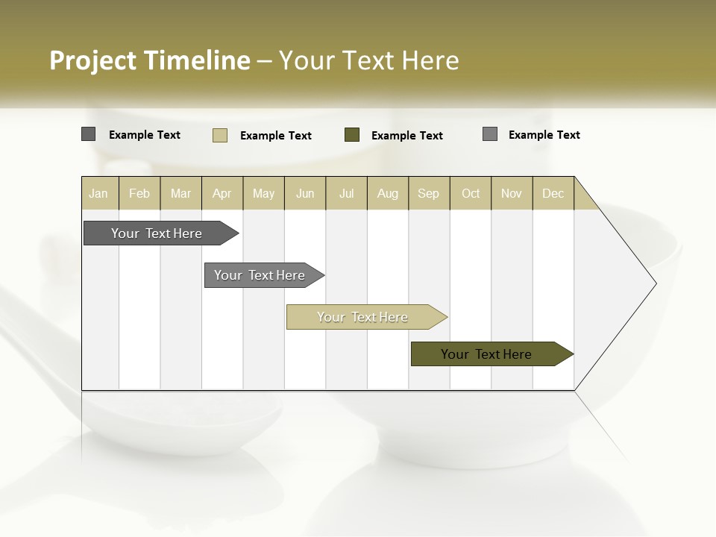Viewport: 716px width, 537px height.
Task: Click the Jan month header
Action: [98, 193]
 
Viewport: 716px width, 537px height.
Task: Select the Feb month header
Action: [139, 193]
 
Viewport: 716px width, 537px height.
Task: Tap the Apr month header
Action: [222, 193]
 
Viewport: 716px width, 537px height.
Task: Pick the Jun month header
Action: [305, 193]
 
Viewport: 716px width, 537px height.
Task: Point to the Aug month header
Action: [388, 193]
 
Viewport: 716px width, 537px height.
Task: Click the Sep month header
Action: [429, 193]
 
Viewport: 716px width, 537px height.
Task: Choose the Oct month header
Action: [471, 193]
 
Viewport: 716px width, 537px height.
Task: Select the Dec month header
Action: [553, 193]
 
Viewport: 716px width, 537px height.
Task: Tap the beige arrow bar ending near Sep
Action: [363, 317]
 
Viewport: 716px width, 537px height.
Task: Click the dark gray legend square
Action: [88, 134]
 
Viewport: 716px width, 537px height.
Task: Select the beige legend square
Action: [220, 135]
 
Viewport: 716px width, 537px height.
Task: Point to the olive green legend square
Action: [352, 135]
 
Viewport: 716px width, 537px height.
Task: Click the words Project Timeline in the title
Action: [149, 60]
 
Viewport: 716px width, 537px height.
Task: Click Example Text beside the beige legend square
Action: [276, 136]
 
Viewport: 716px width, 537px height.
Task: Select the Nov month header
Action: [512, 193]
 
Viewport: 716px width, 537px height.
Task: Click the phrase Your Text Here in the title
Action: [369, 60]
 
